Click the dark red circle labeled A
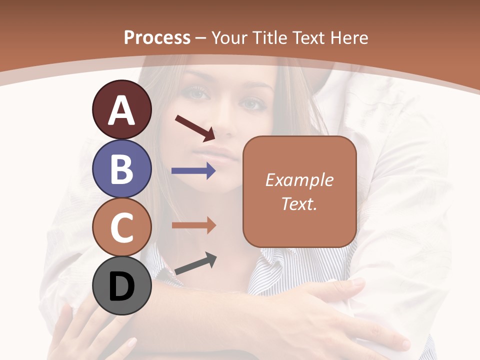click(x=121, y=109)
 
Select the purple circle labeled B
click(x=121, y=168)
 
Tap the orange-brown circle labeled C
click(x=121, y=227)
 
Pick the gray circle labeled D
click(x=121, y=286)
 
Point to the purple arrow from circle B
click(x=193, y=171)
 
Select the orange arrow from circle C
click(x=193, y=225)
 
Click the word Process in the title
click(x=157, y=37)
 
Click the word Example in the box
click(x=299, y=180)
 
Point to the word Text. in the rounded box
click(x=299, y=203)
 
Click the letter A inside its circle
click(x=121, y=110)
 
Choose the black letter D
click(x=121, y=287)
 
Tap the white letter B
click(x=121, y=169)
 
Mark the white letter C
click(x=121, y=228)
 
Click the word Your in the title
click(x=229, y=37)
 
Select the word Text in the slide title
click(x=308, y=37)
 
